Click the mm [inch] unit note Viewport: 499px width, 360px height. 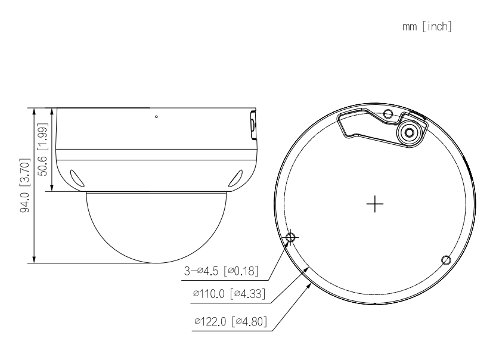tap(432, 28)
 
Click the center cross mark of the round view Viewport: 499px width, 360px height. tap(375, 204)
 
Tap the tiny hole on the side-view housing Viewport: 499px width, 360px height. tap(156, 117)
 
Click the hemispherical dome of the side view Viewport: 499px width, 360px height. tap(157, 226)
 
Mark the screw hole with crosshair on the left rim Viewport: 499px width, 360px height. tap(290, 237)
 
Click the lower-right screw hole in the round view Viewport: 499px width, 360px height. tap(445, 259)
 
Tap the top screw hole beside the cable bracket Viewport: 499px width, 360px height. tap(388, 113)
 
